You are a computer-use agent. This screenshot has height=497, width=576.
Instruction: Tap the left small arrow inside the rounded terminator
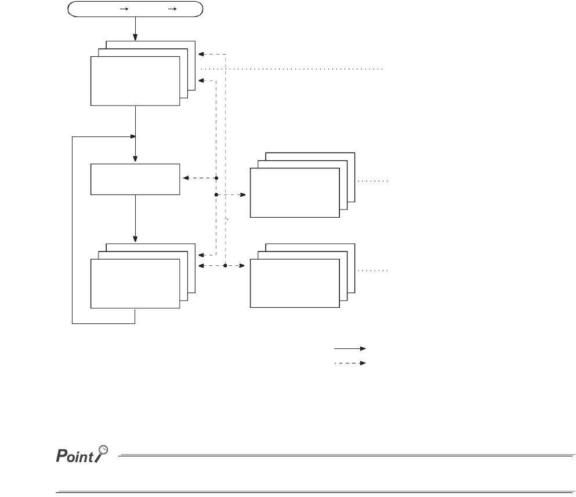coord(123,9)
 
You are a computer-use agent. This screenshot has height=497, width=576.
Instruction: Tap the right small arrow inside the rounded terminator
coord(171,9)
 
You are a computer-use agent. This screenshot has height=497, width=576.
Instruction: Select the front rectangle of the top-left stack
coord(135,81)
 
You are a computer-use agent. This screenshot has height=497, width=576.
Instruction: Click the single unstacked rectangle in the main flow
coord(135,179)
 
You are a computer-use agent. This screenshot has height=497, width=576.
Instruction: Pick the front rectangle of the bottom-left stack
coord(135,283)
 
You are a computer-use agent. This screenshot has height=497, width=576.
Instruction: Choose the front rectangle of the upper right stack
coord(294,192)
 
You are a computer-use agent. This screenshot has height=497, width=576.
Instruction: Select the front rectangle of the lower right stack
coord(294,283)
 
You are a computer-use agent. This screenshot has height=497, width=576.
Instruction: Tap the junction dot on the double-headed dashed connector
coord(224,266)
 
